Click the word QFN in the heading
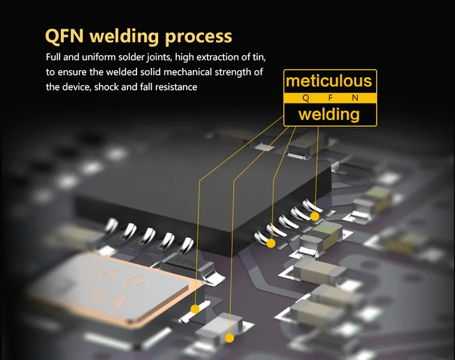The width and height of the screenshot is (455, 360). click(64, 36)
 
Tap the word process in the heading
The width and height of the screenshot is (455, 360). click(198, 37)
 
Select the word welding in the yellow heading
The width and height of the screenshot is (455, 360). click(125, 36)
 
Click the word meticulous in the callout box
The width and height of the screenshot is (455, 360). click(329, 81)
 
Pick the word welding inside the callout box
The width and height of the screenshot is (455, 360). click(329, 114)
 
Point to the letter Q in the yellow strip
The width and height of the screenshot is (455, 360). click(305, 98)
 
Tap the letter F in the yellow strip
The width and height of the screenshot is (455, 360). click(330, 98)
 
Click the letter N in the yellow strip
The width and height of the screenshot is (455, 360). click(355, 98)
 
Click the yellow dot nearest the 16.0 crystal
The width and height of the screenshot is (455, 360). click(195, 309)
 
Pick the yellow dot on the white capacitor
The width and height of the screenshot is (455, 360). click(229, 338)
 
